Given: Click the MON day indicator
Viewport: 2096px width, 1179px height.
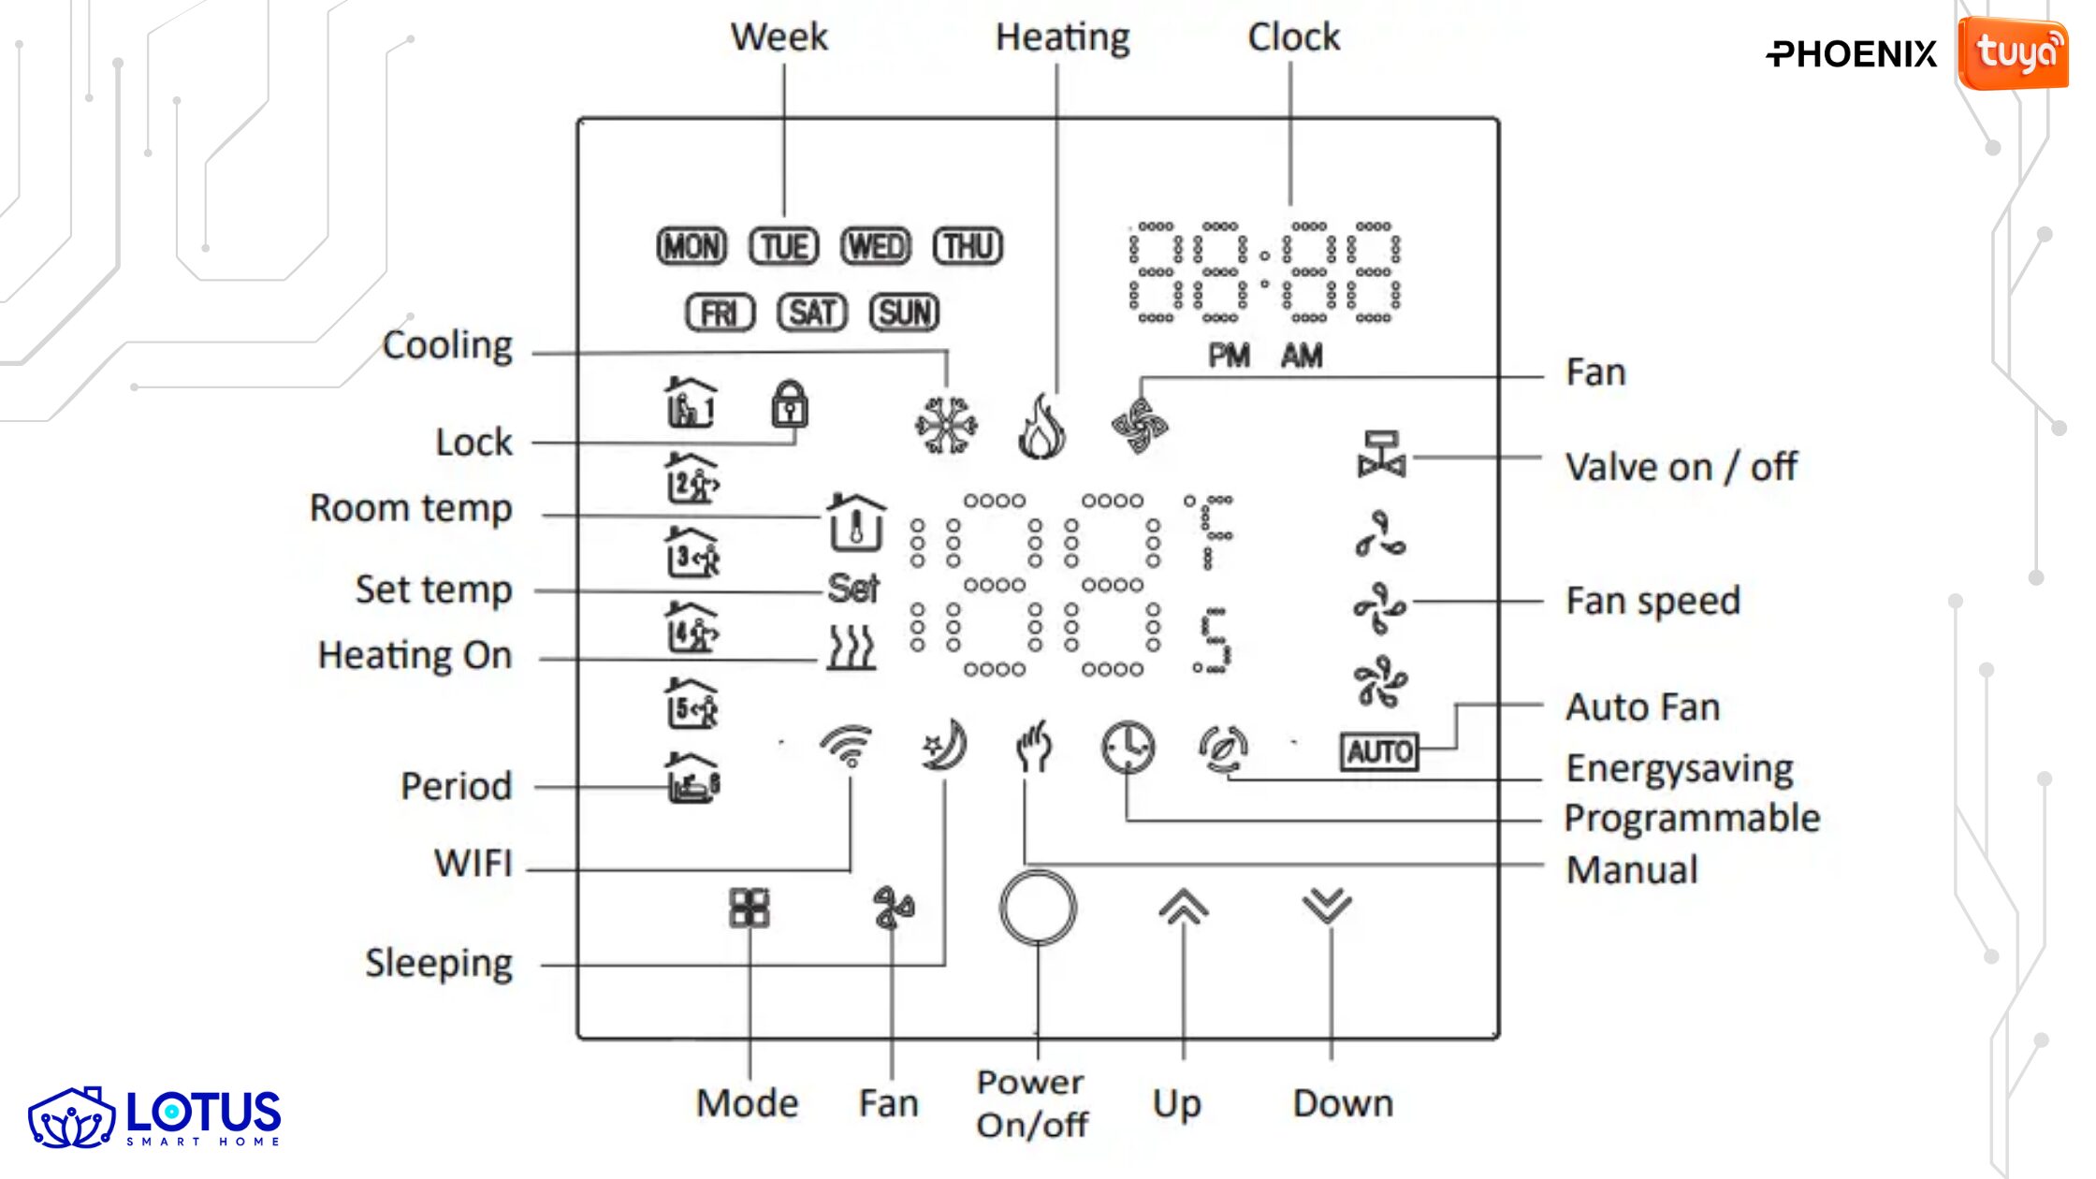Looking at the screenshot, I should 691,247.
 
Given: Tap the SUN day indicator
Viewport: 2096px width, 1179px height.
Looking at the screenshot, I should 904,313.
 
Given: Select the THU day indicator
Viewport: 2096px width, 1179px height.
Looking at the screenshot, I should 968,247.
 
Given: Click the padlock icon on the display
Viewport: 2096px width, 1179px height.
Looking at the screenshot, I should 789,404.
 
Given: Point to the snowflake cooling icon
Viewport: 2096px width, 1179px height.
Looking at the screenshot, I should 946,426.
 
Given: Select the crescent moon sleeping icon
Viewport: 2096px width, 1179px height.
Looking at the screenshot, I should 944,746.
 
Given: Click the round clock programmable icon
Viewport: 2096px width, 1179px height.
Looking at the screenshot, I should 1128,748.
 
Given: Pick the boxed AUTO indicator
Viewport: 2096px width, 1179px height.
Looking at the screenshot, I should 1379,751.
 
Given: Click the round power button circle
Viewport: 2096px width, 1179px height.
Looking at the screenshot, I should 1038,908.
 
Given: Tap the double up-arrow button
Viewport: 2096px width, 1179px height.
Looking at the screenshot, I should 1184,906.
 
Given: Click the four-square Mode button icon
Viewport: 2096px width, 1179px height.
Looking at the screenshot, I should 750,908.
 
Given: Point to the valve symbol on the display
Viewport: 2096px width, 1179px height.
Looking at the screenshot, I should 1381,455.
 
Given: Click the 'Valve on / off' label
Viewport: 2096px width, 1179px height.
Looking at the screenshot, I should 1681,466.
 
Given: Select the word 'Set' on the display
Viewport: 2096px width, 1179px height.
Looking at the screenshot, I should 852,589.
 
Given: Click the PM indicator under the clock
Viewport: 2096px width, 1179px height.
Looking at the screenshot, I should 1229,356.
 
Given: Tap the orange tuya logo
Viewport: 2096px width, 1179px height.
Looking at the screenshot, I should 2014,53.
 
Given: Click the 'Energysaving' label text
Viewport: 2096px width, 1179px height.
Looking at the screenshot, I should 1680,768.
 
